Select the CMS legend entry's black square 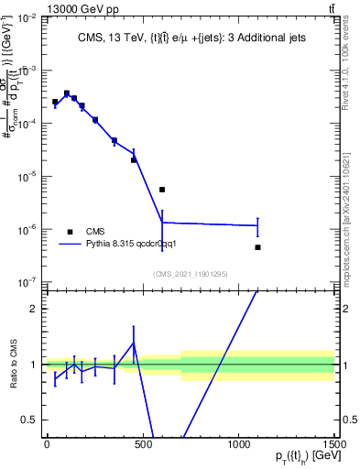70,232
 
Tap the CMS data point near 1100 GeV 258,247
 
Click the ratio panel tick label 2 32,309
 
